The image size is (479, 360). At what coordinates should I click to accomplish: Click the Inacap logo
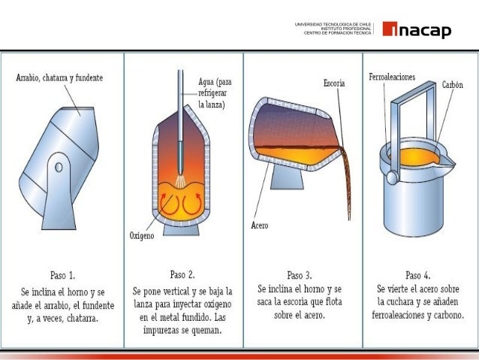click(417, 30)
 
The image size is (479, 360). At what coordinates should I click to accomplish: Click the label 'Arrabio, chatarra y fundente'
click(59, 77)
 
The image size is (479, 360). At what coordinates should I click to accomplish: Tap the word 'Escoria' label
click(334, 84)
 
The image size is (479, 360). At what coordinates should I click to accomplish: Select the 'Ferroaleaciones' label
click(392, 77)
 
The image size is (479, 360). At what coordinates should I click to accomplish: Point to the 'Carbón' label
click(452, 85)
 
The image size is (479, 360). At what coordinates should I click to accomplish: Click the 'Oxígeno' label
click(141, 235)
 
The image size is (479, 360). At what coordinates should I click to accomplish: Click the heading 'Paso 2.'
click(182, 274)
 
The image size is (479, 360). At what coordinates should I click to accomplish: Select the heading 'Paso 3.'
click(301, 274)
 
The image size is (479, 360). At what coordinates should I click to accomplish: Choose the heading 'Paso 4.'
click(418, 275)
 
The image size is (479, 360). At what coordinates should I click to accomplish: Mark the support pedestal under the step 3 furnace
click(288, 178)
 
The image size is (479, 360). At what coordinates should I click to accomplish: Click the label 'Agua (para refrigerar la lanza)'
click(214, 93)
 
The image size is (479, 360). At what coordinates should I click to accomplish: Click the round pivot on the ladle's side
click(391, 177)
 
